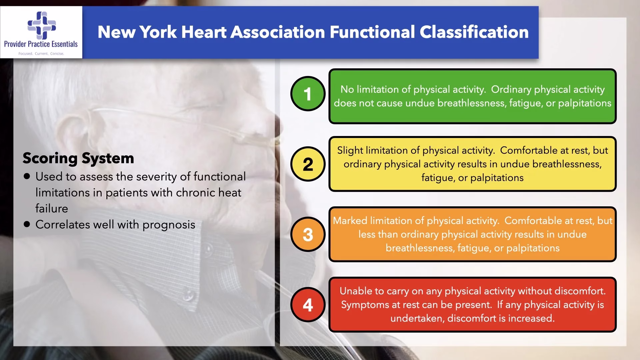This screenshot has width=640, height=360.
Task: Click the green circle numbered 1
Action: [x=308, y=94]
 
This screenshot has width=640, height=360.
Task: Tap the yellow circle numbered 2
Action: [x=308, y=164]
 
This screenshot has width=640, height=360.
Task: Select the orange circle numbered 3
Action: [x=308, y=234]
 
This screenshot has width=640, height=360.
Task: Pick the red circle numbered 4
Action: [x=308, y=305]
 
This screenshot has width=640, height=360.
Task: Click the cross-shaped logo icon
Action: [x=42, y=25]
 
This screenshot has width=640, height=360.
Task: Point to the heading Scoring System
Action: [x=78, y=158]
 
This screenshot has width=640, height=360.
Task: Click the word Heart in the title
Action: [x=203, y=32]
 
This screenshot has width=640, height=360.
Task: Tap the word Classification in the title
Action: [x=474, y=32]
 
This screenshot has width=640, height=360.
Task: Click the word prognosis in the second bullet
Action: [x=169, y=225]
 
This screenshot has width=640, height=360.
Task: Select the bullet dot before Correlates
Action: [x=27, y=224]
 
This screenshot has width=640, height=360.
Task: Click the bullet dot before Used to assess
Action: [x=27, y=176]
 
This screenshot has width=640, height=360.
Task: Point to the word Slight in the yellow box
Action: [x=350, y=151]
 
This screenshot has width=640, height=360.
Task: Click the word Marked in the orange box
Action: [x=350, y=221]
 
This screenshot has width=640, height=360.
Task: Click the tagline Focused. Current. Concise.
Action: [x=41, y=54]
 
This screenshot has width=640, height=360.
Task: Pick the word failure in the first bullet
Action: [x=52, y=209]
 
